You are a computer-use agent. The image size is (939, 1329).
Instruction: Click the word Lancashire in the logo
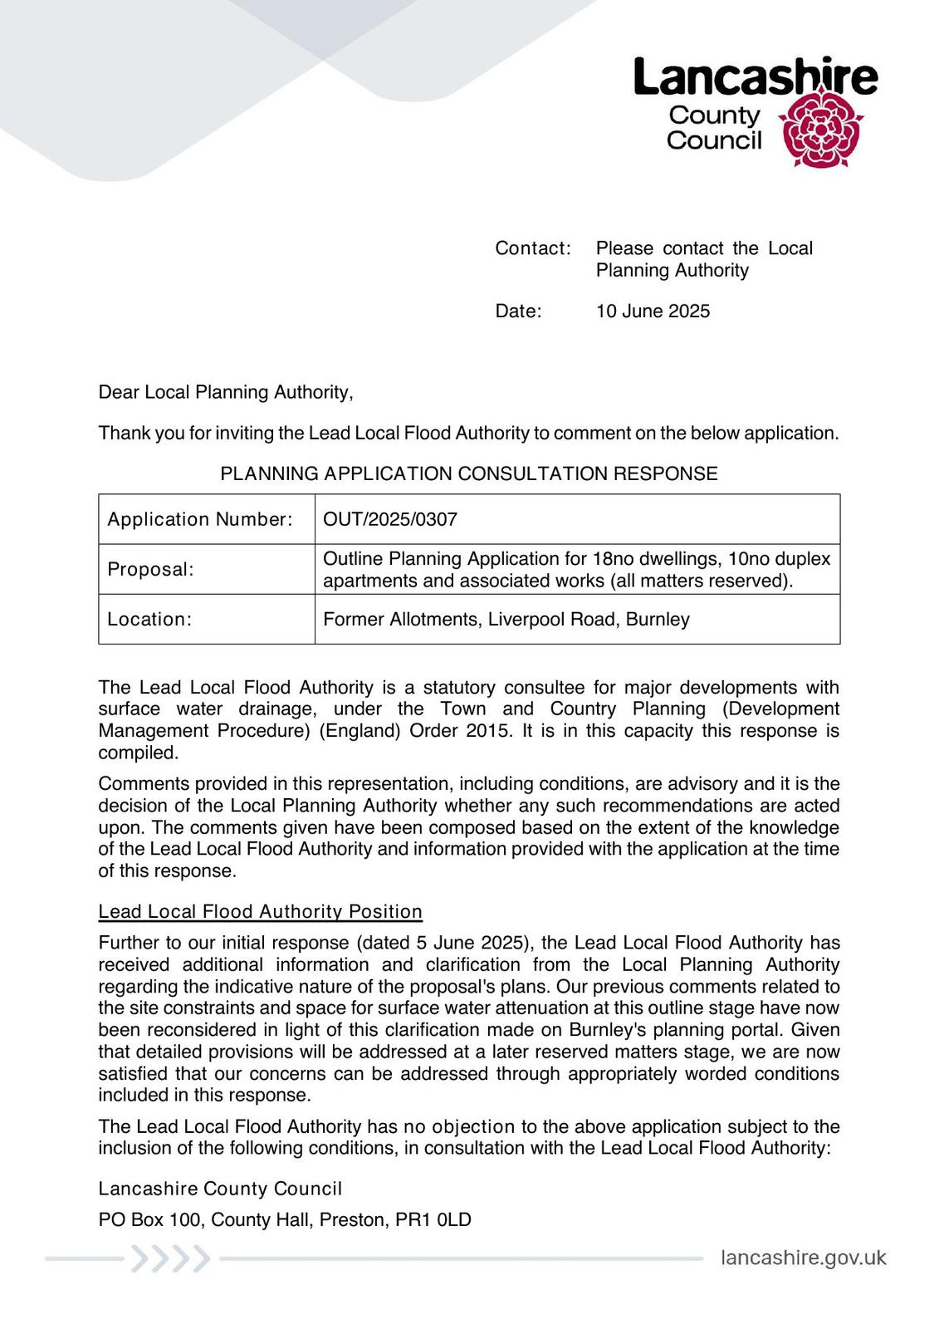[755, 77]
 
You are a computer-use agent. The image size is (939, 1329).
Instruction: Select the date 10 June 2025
[653, 311]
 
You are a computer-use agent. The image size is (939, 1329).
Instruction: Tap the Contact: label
[533, 248]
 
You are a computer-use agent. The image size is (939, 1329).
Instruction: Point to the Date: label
[518, 311]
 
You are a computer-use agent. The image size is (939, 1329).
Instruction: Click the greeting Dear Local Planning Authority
[226, 392]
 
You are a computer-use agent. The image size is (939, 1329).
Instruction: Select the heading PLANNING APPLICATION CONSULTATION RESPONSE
[468, 474]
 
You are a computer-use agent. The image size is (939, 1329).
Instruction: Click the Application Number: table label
[200, 520]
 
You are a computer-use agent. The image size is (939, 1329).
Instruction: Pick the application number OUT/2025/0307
[390, 520]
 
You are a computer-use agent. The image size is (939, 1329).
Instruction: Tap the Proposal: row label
[150, 570]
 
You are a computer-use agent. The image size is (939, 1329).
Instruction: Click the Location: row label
[149, 620]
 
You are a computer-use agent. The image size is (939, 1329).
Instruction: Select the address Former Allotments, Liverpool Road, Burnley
[506, 620]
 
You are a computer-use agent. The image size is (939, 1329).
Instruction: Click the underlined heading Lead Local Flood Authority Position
[260, 912]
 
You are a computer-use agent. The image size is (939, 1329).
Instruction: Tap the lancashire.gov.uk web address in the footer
[803, 1258]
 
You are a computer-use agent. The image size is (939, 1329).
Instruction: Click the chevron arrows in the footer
[170, 1259]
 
